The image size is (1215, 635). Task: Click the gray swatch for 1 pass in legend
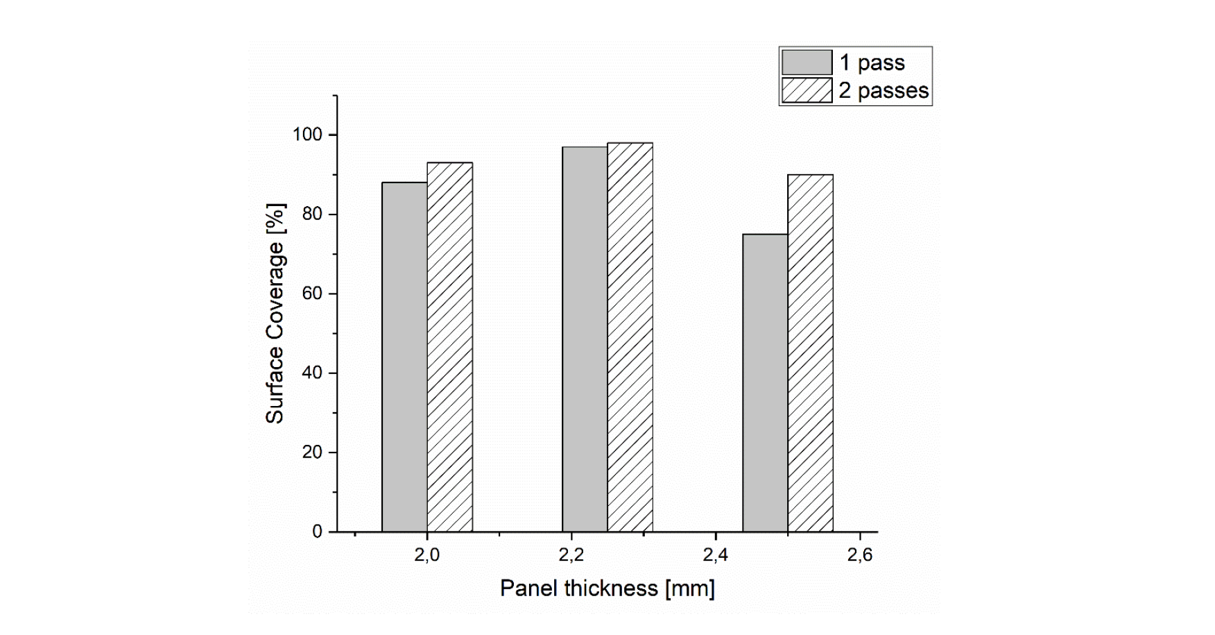807,62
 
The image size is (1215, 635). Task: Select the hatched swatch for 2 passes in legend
807,90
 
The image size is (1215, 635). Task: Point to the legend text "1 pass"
872,62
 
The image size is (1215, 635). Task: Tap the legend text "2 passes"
884,91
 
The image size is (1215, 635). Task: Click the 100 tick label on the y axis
307,135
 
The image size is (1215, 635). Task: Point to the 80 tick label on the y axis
312,214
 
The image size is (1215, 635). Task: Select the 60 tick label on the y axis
312,294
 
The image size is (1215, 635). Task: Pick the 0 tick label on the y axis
318,532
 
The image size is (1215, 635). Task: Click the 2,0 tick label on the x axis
426,555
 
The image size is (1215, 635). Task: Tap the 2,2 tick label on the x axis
571,555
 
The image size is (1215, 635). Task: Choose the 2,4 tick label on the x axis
716,555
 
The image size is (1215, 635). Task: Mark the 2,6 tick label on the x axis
860,555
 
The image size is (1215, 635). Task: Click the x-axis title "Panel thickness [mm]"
607,589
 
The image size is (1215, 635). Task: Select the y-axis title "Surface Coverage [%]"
275,314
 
